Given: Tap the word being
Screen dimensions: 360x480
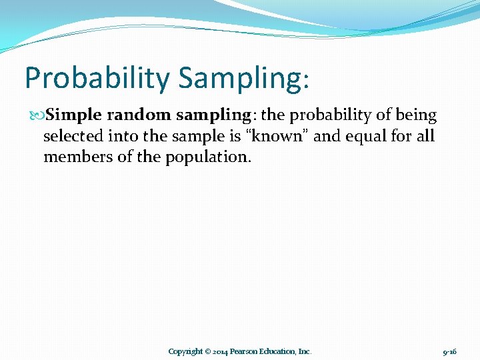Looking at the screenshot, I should click(x=416, y=115).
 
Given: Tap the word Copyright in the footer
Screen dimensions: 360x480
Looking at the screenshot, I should click(x=185, y=351).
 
